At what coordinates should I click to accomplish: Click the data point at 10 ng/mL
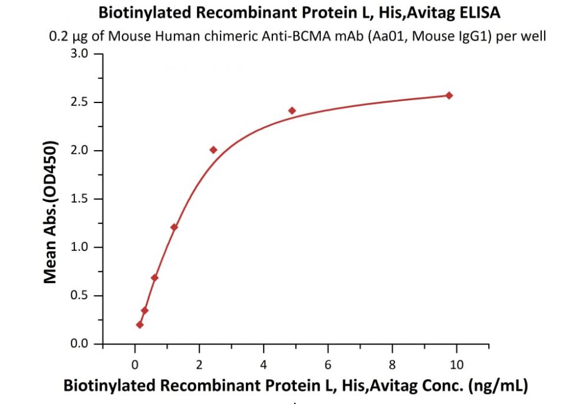point(449,95)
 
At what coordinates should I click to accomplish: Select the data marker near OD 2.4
point(292,111)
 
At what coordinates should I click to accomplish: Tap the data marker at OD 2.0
point(213,150)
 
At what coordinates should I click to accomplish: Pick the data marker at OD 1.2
point(174,227)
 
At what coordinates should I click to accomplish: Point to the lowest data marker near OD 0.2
point(140,325)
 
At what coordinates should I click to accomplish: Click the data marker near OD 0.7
point(154,278)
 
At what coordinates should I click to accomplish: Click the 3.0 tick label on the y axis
point(80,54)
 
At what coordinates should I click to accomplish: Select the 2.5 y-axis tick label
point(80,102)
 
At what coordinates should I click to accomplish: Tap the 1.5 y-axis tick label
point(80,198)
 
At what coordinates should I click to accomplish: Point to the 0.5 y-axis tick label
point(80,296)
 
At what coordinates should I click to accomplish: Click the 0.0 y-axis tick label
point(80,343)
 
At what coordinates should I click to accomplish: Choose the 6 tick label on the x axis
point(328,365)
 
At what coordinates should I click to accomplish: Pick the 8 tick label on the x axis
point(392,365)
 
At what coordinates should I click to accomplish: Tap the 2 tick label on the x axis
point(199,365)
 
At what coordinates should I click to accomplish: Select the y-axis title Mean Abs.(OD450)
point(50,212)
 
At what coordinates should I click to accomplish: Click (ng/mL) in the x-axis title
point(498,385)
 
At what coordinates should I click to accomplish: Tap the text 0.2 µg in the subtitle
point(69,37)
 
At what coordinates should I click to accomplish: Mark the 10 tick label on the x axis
point(456,365)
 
